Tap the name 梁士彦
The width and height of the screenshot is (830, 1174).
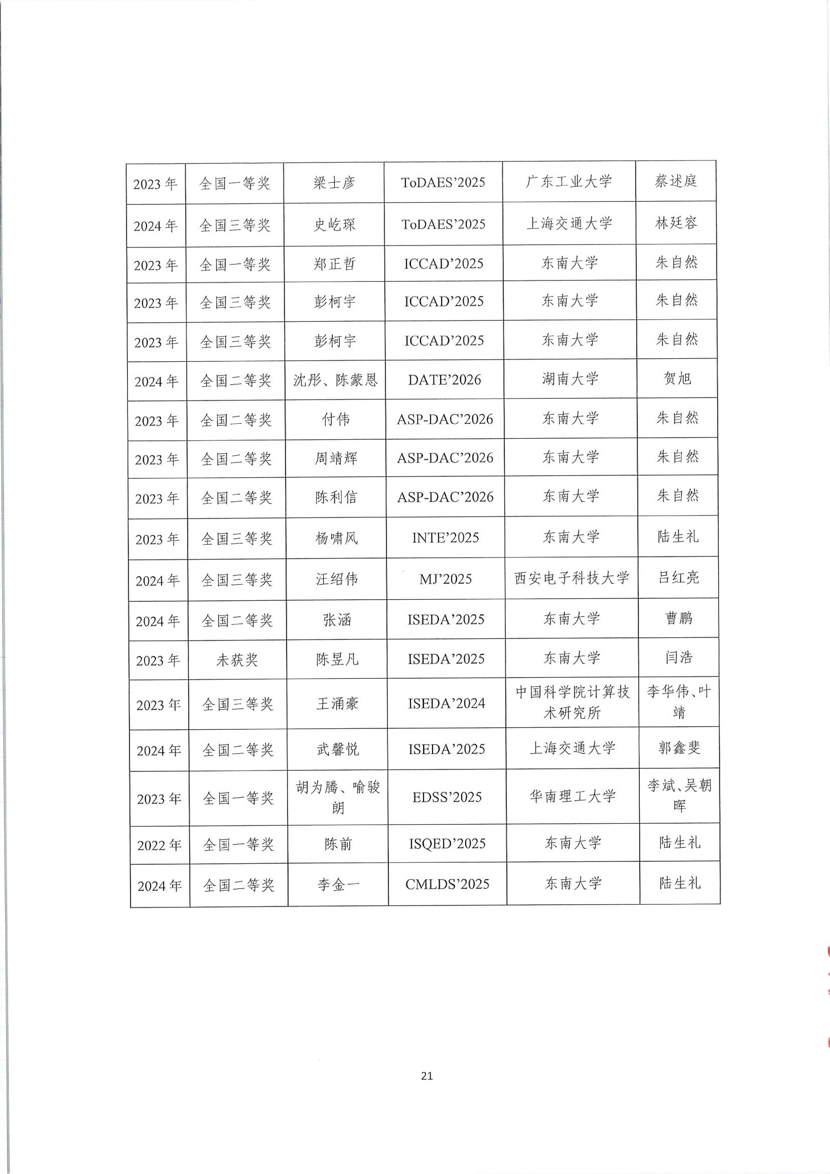[334, 182]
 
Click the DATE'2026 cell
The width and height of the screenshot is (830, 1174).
[444, 380]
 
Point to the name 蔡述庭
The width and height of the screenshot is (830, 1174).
[676, 181]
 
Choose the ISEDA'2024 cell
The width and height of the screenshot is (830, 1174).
[446, 704]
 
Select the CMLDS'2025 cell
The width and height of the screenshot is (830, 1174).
[447, 884]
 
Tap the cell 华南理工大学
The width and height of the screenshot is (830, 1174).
[572, 796]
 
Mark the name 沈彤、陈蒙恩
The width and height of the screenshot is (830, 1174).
[335, 380]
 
